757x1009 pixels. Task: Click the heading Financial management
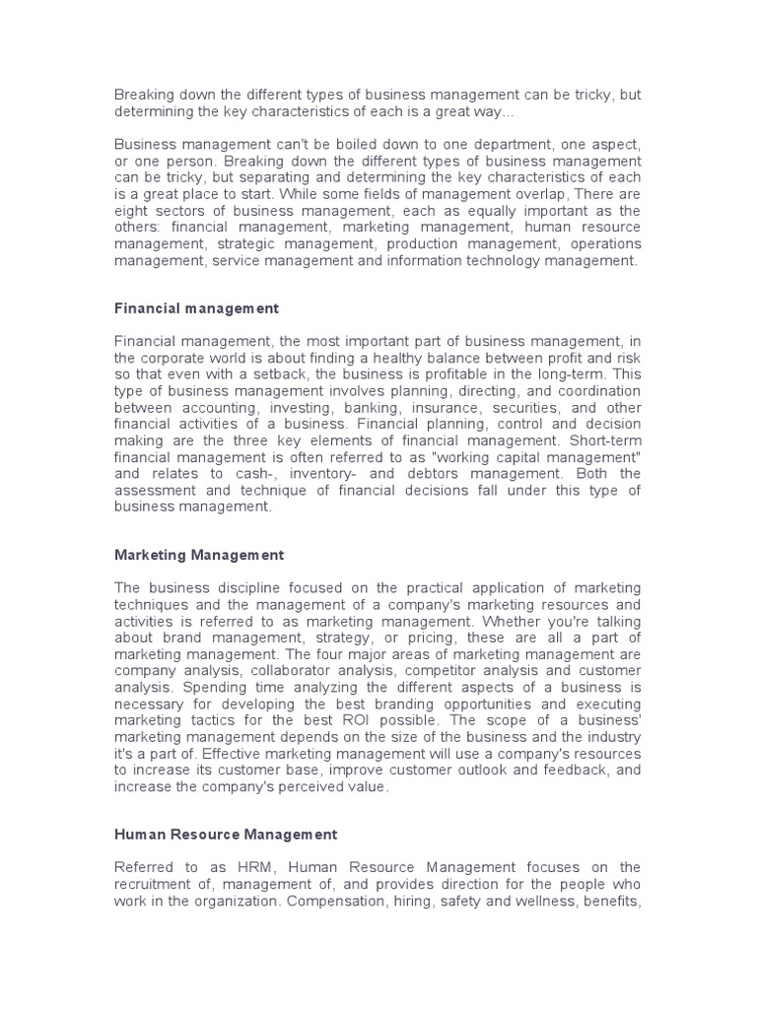(197, 308)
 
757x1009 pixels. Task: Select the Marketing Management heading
(199, 555)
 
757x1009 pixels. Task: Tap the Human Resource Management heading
(226, 834)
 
